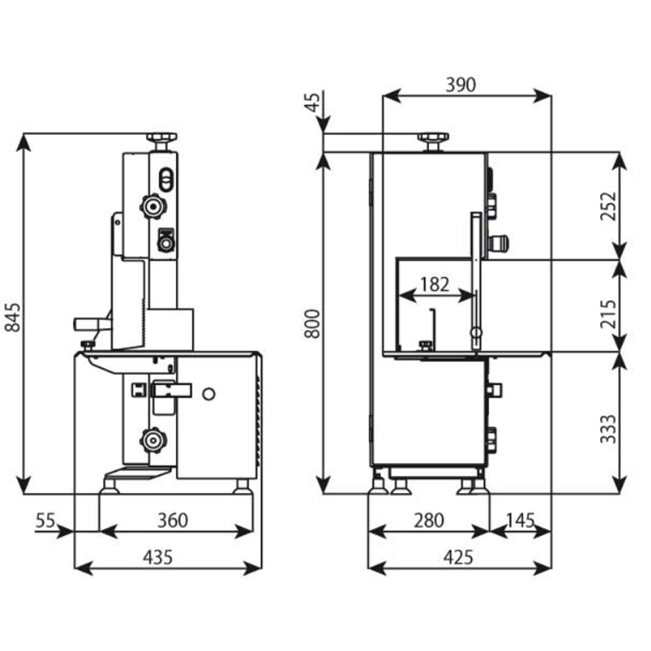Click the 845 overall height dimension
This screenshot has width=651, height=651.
[x=12, y=313]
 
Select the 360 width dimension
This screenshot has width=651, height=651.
[x=173, y=520]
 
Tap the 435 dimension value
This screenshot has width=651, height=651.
[x=158, y=557]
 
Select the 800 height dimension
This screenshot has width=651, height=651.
[x=313, y=323]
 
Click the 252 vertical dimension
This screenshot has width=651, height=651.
[x=607, y=206]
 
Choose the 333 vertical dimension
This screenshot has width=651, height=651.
[x=607, y=428]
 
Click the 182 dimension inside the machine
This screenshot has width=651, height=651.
[x=434, y=284]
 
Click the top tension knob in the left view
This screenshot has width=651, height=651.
[x=161, y=138]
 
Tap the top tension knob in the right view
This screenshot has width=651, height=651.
[x=433, y=139]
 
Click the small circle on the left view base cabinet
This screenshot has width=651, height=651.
[x=208, y=394]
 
